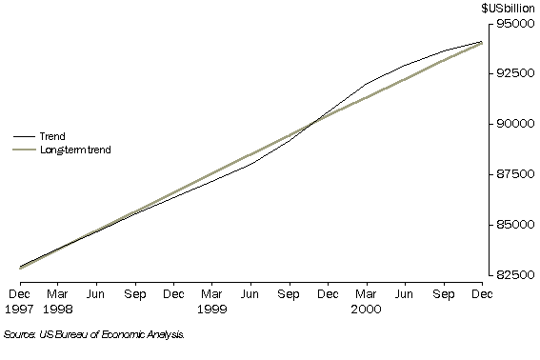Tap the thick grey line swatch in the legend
tap(21, 150)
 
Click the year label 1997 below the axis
tap(19, 310)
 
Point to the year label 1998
tap(59, 310)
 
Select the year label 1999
tap(213, 310)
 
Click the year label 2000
tap(367, 310)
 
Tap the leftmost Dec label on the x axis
tap(19, 296)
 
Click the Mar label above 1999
tap(213, 296)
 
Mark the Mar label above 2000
tap(367, 296)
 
